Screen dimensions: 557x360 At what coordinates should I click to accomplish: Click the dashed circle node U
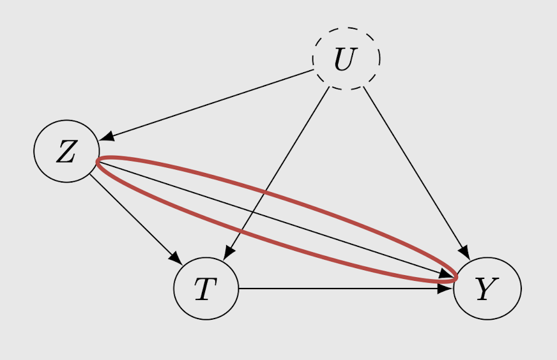click(x=346, y=59)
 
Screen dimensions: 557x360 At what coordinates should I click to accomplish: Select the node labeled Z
click(x=66, y=151)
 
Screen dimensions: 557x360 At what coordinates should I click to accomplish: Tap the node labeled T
click(x=206, y=289)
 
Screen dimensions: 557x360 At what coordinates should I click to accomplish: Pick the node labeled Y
click(x=487, y=289)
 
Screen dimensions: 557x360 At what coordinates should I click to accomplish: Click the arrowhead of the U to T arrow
click(x=227, y=253)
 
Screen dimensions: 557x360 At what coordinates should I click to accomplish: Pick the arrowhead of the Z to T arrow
click(x=176, y=258)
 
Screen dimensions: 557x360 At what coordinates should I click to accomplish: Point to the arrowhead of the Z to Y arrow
click(x=445, y=275)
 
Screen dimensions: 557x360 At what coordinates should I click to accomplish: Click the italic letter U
click(x=344, y=59)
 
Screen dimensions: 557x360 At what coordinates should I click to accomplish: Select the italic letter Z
click(x=66, y=152)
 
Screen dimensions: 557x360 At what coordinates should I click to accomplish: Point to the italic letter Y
click(x=485, y=290)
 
